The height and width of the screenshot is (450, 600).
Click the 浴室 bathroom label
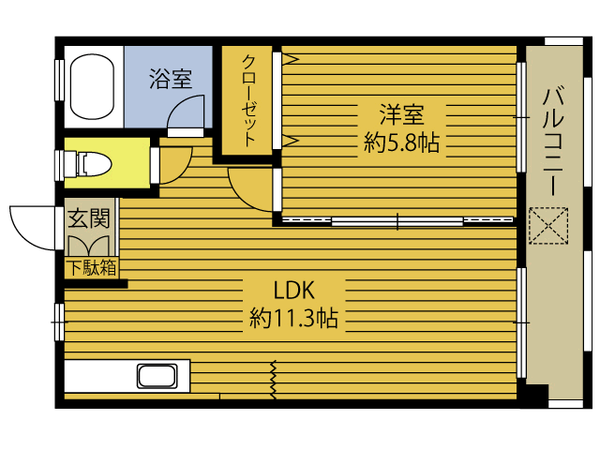[171, 79]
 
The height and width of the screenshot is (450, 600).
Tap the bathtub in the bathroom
[92, 86]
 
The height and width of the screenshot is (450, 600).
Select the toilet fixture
[93, 164]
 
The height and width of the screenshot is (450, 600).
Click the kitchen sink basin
[157, 376]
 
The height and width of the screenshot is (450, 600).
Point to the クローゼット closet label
[248, 100]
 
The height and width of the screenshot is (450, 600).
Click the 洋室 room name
[401, 114]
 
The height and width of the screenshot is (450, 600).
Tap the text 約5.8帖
[401, 142]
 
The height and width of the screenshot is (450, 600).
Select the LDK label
[293, 290]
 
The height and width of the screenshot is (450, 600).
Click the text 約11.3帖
[293, 318]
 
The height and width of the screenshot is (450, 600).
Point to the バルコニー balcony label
[553, 142]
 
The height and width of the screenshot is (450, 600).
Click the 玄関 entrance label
[89, 218]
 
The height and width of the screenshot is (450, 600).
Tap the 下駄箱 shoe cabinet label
[92, 268]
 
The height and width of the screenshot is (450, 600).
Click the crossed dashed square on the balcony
[548, 226]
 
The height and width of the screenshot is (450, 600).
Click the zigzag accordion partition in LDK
[274, 379]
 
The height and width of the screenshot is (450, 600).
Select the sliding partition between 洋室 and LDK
[397, 221]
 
